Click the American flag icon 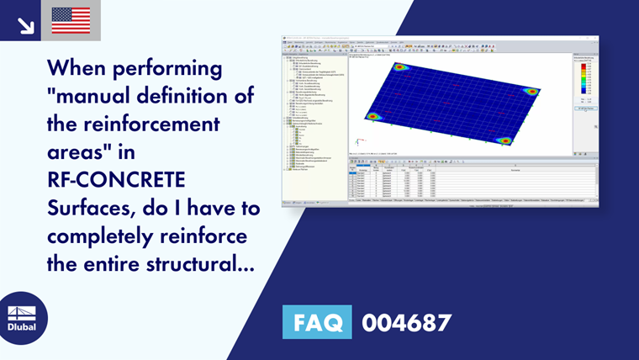(71, 20)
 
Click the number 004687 (407, 323)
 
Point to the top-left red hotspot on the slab (400, 67)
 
